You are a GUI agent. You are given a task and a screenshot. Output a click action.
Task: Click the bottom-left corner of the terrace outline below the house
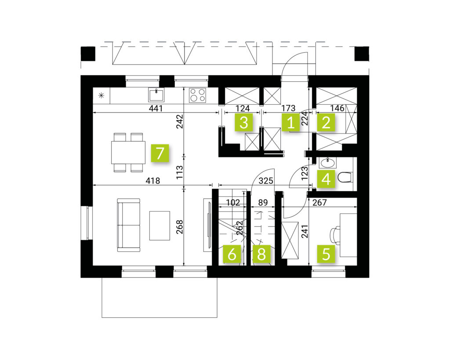tap(102, 317)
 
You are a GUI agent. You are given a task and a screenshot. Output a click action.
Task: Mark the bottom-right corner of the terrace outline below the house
tap(217, 317)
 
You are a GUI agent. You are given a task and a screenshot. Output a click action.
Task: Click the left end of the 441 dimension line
tap(93, 112)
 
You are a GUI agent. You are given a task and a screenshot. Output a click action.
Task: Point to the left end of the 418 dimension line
tap(93, 185)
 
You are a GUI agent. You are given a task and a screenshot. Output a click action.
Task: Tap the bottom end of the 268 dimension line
tap(184, 265)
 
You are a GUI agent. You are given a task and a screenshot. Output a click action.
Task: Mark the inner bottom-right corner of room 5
tap(357, 265)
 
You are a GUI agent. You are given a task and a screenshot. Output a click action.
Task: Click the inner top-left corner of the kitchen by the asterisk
tap(93, 87)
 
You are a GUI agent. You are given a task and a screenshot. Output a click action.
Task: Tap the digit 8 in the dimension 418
tap(157, 181)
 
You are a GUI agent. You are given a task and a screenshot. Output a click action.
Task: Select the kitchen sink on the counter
tap(156, 95)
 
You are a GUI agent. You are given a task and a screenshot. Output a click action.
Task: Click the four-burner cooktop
tap(197, 95)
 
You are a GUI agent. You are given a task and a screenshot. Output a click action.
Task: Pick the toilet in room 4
tap(346, 177)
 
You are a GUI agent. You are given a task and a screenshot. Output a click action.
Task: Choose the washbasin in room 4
tap(327, 163)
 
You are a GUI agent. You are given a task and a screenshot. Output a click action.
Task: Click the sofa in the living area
tap(129, 225)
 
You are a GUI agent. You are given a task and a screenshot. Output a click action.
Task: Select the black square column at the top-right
tap(362, 54)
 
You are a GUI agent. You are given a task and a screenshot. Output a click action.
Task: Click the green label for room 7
tap(160, 153)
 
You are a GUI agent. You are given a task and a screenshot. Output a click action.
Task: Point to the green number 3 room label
tap(243, 122)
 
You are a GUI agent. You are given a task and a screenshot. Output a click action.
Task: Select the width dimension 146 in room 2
tap(337, 108)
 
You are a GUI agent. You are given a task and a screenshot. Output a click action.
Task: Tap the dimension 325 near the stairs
tap(266, 181)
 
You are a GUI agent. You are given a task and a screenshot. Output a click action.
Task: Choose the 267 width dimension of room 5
tap(319, 203)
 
